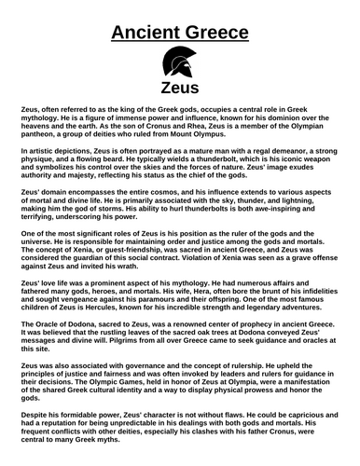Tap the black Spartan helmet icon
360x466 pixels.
(179, 66)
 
